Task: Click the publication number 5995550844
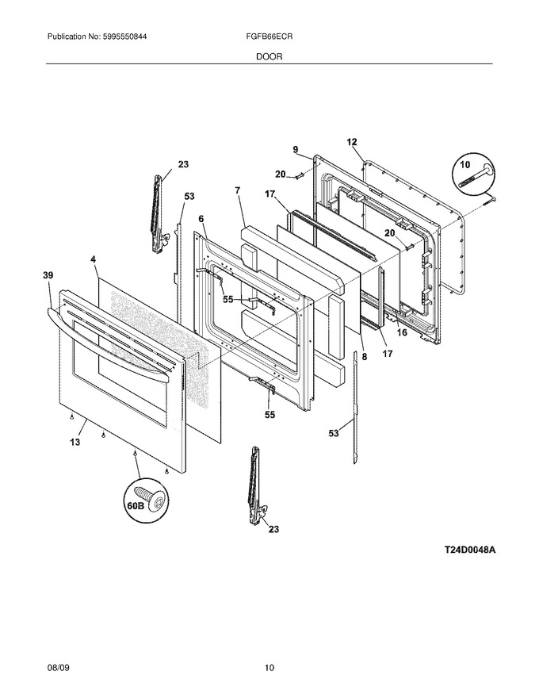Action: pyautogui.click(x=119, y=37)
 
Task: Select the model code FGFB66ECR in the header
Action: pyautogui.click(x=269, y=37)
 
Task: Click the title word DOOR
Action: pyautogui.click(x=269, y=56)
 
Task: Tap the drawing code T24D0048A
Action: pyautogui.click(x=469, y=550)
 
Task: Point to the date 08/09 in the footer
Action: pyautogui.click(x=58, y=667)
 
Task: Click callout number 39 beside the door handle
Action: pyautogui.click(x=48, y=275)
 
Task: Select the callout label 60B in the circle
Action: pyautogui.click(x=133, y=507)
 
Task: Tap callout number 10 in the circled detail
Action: pyautogui.click(x=464, y=165)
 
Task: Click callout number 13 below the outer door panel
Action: pyautogui.click(x=75, y=442)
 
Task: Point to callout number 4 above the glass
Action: pyautogui.click(x=93, y=259)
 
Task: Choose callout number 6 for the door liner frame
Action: pyautogui.click(x=201, y=219)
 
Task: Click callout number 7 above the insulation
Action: pyautogui.click(x=238, y=190)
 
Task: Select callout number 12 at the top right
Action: pyautogui.click(x=352, y=142)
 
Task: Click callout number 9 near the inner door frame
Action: pyautogui.click(x=296, y=150)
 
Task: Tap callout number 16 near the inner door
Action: pyautogui.click(x=402, y=332)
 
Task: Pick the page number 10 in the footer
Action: pyautogui.click(x=269, y=667)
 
